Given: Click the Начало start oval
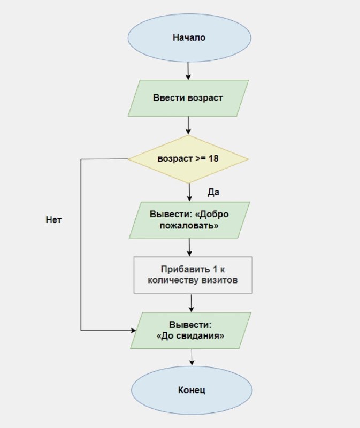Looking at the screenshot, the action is coord(189,37).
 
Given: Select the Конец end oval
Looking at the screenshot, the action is coord(192,390).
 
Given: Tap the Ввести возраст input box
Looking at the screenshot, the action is coord(188,98).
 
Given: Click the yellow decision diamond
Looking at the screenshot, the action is coord(188,159).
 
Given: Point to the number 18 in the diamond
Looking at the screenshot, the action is coord(213,158).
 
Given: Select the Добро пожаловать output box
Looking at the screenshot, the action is coord(189,220).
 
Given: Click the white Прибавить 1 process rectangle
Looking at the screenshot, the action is coord(193,275).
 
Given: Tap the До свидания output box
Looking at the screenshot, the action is coord(190,331).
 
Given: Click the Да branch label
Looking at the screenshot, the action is coord(213,192).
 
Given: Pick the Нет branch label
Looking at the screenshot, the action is coord(53,220).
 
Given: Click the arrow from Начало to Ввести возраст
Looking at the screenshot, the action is coord(188,71).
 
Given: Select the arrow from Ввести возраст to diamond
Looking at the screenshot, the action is coord(188,126).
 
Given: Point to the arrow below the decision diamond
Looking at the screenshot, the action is coord(189,193).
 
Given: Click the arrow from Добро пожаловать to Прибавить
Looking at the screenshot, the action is coord(189,248).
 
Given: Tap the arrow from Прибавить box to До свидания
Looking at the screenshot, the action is coord(192,303).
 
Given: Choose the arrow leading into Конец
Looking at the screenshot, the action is coord(192,357).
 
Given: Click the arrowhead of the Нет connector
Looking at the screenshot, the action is coord(134,331).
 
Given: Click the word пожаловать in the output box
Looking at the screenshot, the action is coord(189,226).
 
